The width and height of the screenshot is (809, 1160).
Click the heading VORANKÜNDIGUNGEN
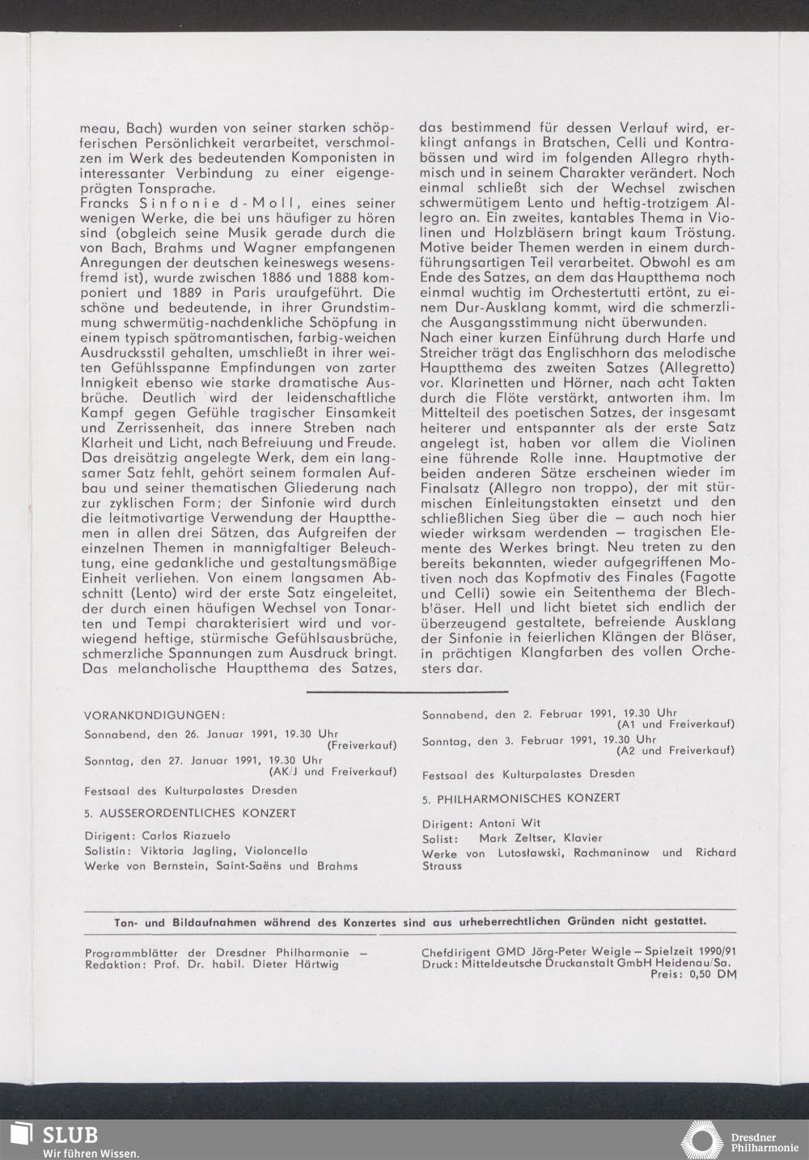click(154, 715)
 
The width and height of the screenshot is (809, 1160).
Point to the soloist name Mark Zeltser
click(513, 838)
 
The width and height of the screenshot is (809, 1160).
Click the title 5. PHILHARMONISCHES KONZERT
click(521, 798)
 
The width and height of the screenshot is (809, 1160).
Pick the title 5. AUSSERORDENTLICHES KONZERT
click(190, 813)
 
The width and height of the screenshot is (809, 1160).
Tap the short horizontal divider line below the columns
click(407, 692)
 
